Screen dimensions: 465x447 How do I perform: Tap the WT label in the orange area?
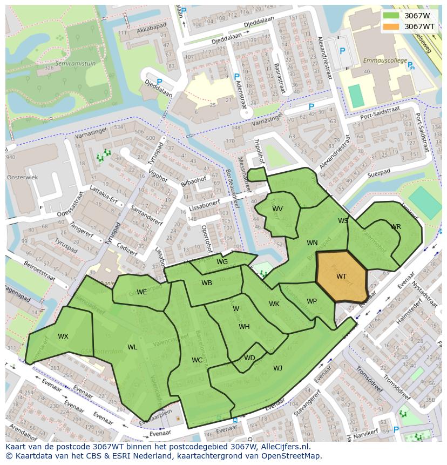[341, 277]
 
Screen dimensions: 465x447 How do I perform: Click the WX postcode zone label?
[63, 336]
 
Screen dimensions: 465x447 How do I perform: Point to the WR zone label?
[396, 227]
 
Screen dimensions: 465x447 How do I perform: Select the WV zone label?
[277, 209]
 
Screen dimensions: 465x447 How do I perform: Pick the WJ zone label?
[278, 368]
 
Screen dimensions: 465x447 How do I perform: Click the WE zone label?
[141, 292]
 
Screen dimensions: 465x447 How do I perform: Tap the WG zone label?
[222, 262]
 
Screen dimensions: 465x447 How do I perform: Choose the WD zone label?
[249, 358]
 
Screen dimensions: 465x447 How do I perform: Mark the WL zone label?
[132, 347]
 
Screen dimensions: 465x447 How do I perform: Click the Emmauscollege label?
[384, 60]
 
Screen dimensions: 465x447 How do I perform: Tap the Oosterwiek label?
[22, 177]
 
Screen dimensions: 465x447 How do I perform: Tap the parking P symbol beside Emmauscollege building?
[342, 51]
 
